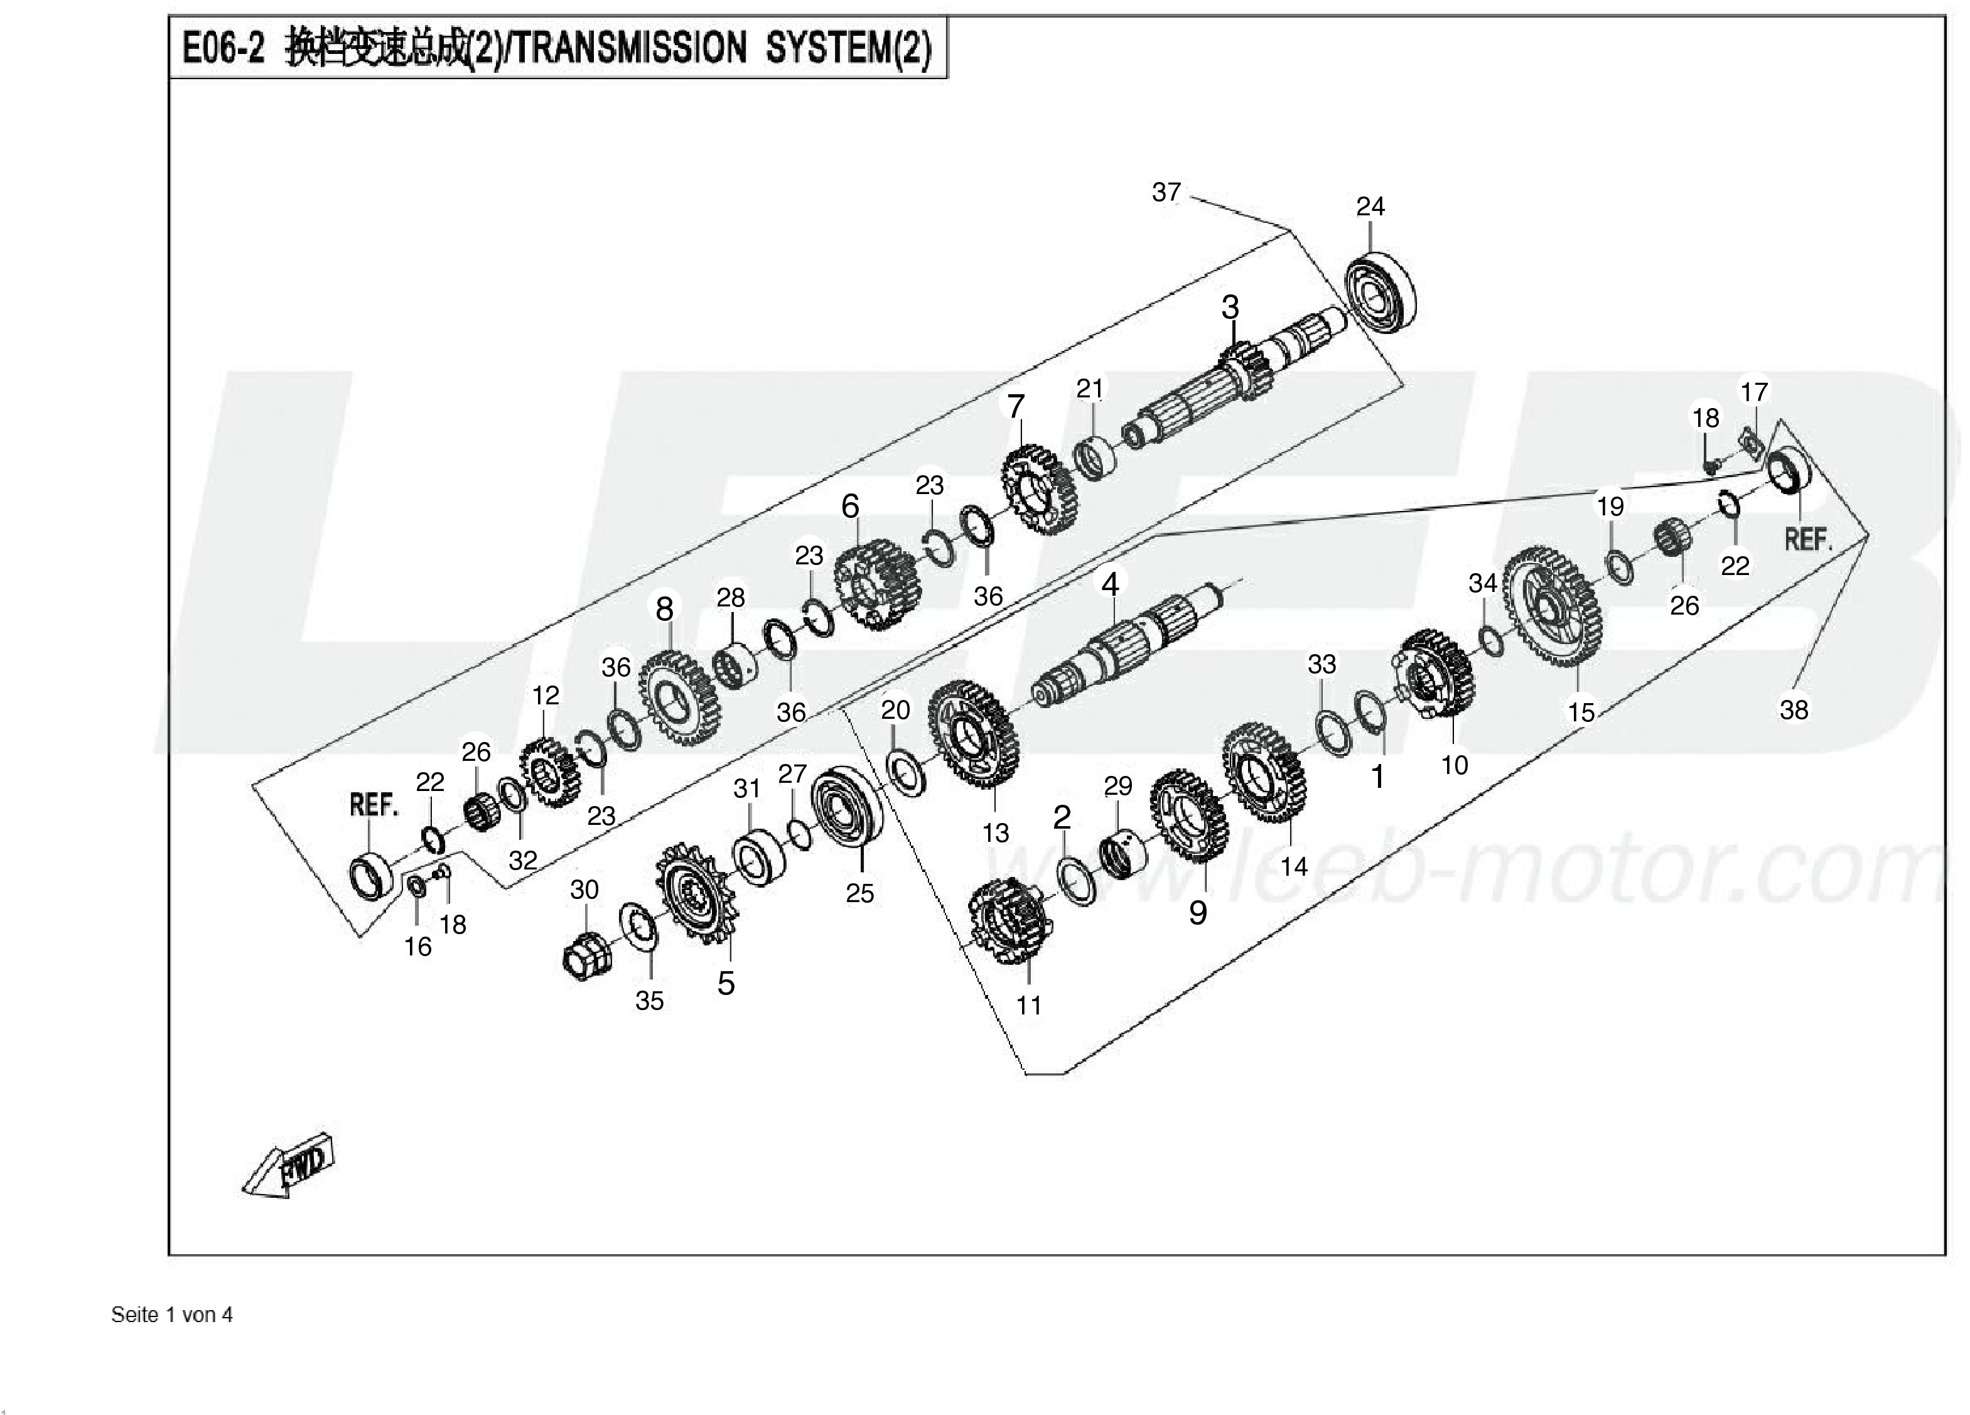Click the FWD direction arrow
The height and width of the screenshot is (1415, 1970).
(x=288, y=1166)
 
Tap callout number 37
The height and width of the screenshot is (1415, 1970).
(x=1166, y=192)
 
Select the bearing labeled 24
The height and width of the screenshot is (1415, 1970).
(x=1382, y=292)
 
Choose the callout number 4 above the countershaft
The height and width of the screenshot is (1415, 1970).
(x=1110, y=584)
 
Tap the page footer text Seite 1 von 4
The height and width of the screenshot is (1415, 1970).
(x=172, y=1314)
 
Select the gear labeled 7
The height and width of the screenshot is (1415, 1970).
(x=1039, y=490)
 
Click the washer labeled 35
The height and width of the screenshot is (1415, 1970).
(x=638, y=927)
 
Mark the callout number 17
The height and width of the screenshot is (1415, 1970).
(x=1753, y=392)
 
